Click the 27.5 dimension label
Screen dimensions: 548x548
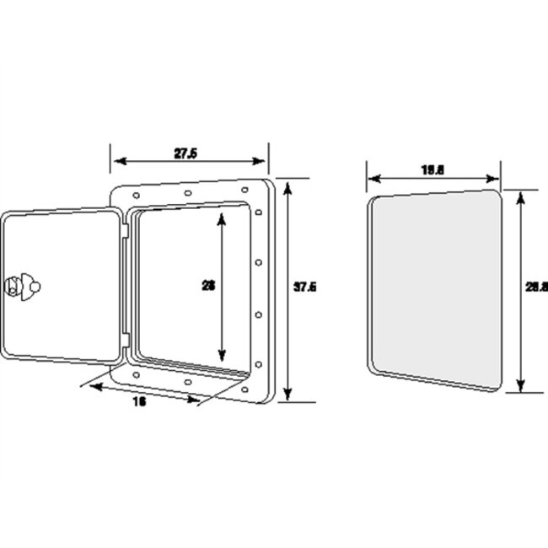click(x=186, y=153)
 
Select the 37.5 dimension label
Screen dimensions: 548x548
click(x=305, y=287)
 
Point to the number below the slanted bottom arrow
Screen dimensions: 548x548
click(x=139, y=402)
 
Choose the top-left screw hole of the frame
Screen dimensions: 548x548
click(x=133, y=196)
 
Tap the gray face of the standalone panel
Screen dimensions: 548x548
click(x=434, y=288)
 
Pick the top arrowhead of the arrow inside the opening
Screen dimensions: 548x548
click(x=223, y=217)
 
